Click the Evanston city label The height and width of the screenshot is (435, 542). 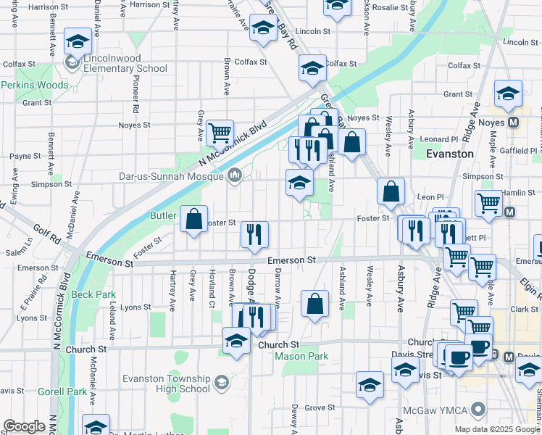[x=449, y=154]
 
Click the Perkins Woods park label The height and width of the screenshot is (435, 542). [x=34, y=86]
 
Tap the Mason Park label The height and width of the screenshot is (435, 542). [x=301, y=356]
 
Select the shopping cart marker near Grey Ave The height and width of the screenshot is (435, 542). [x=220, y=133]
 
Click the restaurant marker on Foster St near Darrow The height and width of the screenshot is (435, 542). [x=254, y=234]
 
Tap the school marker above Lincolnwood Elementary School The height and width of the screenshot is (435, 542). [x=78, y=41]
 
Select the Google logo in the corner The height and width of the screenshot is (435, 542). [x=24, y=426]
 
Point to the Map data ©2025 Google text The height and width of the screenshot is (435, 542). [x=496, y=429]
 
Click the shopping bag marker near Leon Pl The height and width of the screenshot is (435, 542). [x=391, y=191]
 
